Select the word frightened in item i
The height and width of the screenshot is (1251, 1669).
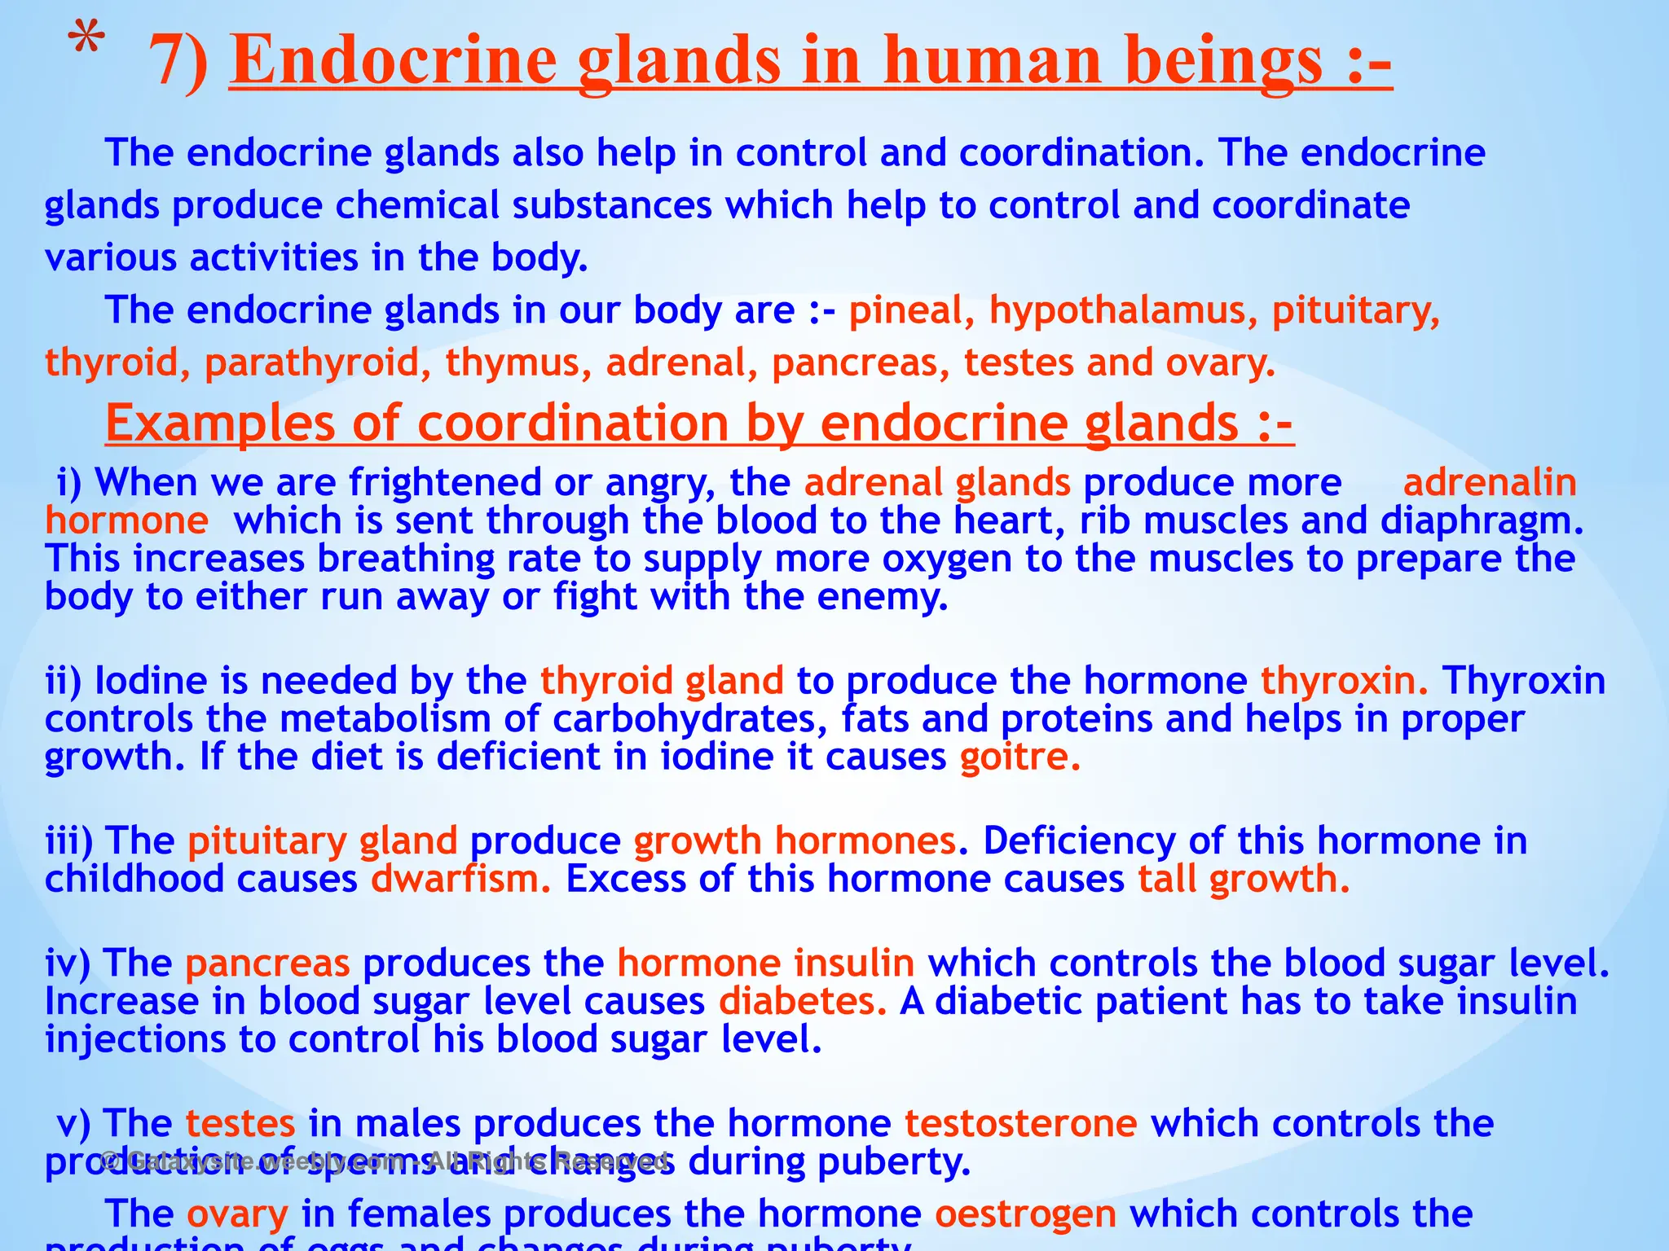tap(445, 483)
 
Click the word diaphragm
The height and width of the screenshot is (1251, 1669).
tap(1482, 521)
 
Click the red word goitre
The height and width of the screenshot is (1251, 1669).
tap(1019, 757)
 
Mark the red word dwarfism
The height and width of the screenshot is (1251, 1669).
tap(461, 880)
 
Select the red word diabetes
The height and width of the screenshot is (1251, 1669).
tap(802, 1002)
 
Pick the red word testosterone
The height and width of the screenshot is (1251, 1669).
tap(1020, 1124)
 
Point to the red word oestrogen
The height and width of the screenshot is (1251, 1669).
tap(1025, 1214)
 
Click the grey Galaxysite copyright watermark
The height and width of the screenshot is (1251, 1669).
tap(383, 1161)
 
